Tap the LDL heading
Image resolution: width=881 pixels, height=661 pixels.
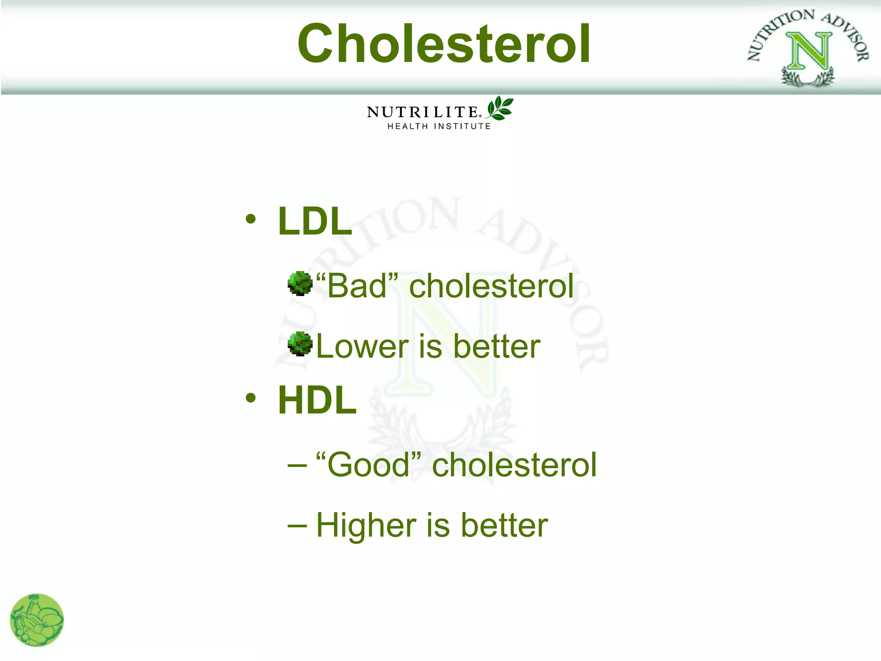315,221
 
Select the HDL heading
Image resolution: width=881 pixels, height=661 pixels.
317,400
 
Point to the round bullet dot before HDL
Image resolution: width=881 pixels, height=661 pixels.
251,398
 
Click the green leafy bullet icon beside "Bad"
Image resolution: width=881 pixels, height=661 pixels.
300,284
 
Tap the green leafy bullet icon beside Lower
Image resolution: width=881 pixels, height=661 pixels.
300,344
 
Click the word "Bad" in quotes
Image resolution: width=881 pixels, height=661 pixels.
357,286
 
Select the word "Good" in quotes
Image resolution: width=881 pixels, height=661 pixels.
368,465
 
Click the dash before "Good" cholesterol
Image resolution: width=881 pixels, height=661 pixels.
297,466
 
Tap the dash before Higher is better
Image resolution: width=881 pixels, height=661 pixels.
297,525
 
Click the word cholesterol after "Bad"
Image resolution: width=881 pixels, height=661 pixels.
491,286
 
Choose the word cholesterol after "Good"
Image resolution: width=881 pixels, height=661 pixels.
514,465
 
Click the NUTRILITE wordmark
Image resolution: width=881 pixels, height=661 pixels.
422,112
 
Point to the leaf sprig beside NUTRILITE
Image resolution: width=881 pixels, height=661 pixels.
499,108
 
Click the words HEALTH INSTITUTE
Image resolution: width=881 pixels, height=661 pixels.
439,127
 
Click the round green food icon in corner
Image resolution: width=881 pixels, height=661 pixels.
37,620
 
